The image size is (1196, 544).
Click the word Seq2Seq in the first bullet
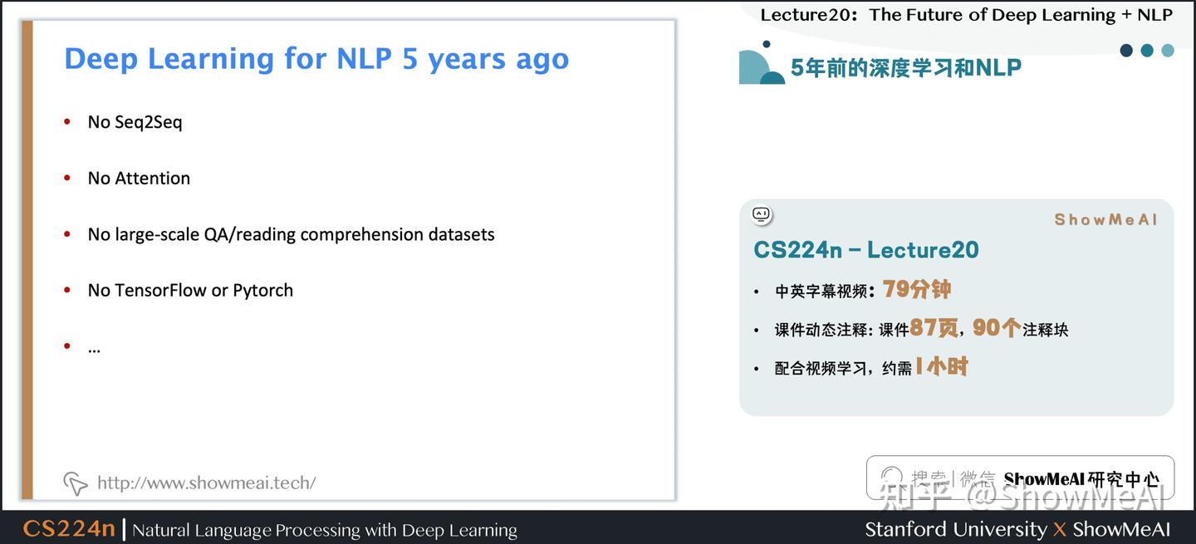[149, 122]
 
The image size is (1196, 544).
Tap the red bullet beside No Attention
[67, 179]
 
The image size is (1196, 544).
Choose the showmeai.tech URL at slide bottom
[206, 483]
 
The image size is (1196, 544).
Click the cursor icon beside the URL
[75, 483]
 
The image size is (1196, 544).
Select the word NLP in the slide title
[364, 59]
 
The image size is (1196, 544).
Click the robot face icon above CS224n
[762, 216]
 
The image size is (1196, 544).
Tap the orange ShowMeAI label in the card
[1105, 220]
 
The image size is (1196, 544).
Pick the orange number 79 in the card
[897, 289]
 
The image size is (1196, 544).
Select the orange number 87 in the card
[923, 328]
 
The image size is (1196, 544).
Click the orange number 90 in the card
[985, 328]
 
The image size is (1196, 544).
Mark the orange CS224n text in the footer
[69, 529]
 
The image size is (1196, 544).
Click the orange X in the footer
[1060, 530]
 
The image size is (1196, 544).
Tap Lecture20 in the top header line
[808, 15]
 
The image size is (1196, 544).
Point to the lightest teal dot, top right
[1168, 51]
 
